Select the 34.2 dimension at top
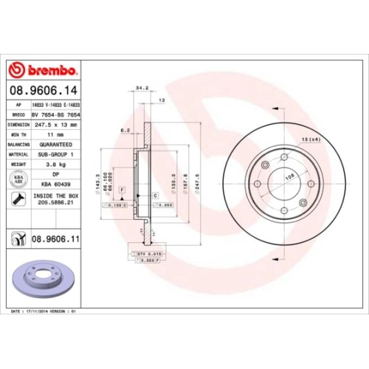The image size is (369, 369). point(142,87)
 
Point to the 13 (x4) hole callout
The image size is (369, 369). point(320,139)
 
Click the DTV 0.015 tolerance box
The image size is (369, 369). point(148,253)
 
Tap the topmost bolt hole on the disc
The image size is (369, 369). point(284,156)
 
